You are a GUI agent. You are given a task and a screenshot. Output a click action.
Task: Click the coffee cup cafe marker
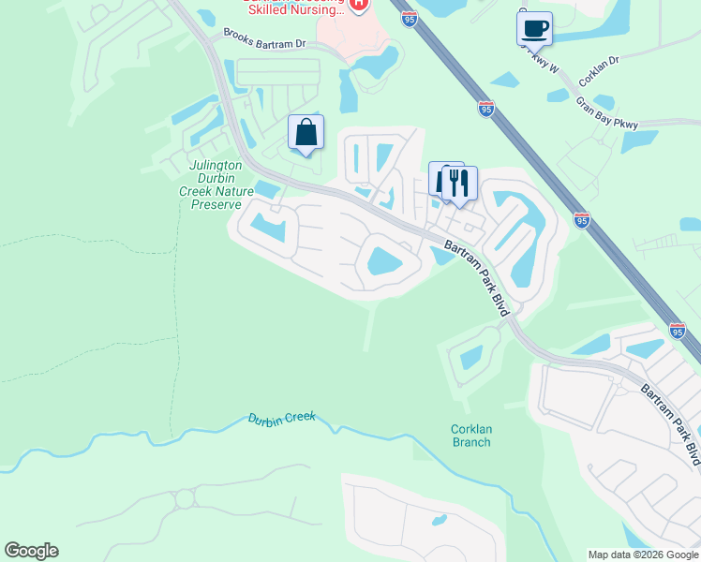(x=534, y=28)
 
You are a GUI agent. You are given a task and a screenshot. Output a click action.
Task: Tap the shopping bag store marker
(x=306, y=133)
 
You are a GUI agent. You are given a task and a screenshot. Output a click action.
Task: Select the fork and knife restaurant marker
(x=459, y=184)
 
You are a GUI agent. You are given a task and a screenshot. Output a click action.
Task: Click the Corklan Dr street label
(x=600, y=61)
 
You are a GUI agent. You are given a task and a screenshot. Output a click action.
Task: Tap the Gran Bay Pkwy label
(x=606, y=112)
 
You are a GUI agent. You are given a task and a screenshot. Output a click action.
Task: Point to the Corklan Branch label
(x=470, y=436)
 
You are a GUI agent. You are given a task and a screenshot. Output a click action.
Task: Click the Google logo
(x=31, y=551)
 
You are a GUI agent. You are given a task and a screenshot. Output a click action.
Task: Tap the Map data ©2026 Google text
(x=642, y=555)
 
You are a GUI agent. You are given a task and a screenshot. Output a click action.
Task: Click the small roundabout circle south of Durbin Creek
(x=185, y=498)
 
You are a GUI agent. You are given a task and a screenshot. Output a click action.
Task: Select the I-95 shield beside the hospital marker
(x=408, y=18)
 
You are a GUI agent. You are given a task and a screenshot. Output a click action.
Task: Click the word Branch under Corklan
(x=470, y=442)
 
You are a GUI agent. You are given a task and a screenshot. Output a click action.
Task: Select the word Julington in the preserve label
(x=216, y=165)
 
